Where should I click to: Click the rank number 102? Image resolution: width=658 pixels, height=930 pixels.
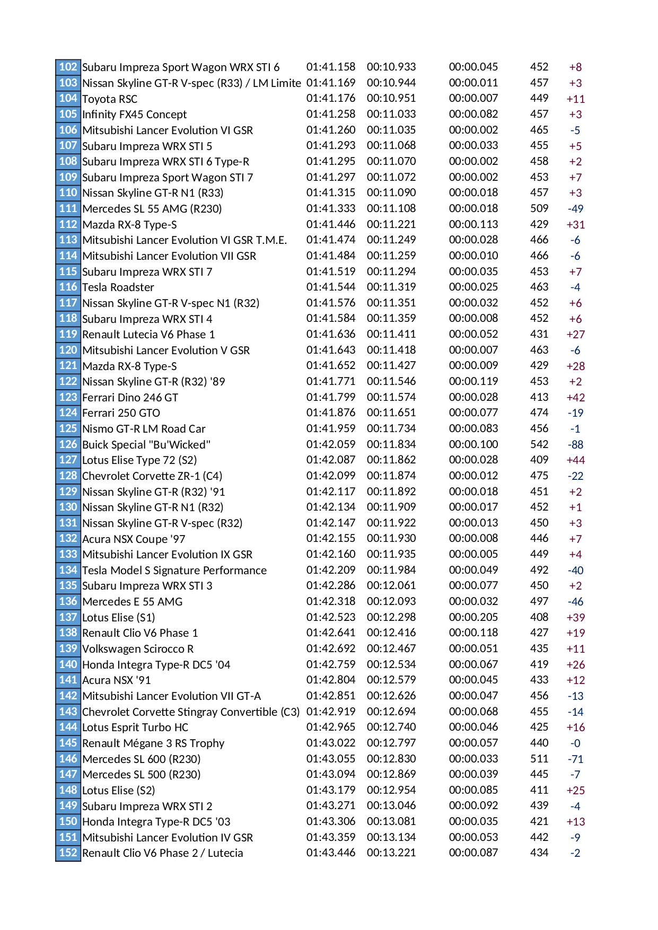point(68,67)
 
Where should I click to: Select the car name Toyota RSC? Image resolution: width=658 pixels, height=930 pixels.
point(110,99)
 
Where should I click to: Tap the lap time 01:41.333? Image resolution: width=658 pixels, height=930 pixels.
point(331,208)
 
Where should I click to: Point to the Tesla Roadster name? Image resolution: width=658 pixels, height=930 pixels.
point(118,287)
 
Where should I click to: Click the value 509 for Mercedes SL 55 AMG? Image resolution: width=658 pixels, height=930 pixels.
point(539,208)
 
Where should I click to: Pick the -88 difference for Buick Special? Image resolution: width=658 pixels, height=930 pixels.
point(575,445)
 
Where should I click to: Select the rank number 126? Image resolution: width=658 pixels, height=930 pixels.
point(68,444)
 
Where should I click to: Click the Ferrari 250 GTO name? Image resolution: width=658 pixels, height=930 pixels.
point(121,413)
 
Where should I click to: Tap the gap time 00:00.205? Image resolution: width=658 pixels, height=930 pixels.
point(473,617)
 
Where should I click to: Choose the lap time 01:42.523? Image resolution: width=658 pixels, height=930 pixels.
point(331,617)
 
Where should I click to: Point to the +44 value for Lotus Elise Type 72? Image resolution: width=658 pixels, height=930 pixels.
point(575,460)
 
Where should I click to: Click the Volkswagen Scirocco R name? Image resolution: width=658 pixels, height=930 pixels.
point(138,649)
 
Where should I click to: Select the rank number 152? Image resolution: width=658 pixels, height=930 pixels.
point(68,853)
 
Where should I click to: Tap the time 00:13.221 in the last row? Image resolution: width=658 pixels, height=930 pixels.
point(391,853)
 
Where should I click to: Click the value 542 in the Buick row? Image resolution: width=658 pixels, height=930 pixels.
point(539,444)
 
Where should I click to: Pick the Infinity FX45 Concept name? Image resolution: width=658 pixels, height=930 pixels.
point(135,115)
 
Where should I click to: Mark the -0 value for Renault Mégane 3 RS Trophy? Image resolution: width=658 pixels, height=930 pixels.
point(575,743)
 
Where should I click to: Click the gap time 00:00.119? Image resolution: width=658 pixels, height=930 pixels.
point(473,381)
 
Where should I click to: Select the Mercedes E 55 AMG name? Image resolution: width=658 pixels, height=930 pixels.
point(133,602)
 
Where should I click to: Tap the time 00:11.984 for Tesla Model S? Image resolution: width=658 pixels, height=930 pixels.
point(391,570)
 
